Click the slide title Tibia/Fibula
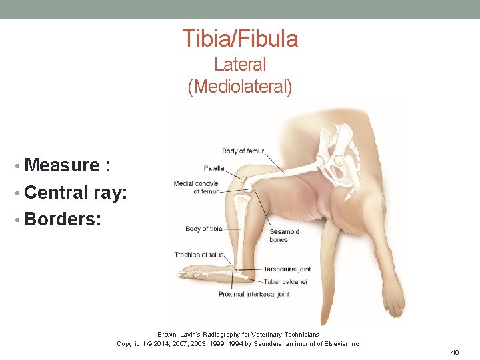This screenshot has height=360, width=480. click(x=240, y=39)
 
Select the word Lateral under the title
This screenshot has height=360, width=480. click(x=240, y=65)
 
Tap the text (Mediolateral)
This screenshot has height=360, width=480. click(x=240, y=87)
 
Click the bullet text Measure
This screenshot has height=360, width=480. click(x=67, y=165)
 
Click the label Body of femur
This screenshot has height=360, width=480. click(x=243, y=151)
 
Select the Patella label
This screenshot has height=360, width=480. click(x=214, y=168)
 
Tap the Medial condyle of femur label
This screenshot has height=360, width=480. click(x=196, y=187)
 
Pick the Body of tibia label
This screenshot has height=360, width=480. click(x=203, y=229)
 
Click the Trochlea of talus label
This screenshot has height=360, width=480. click(x=199, y=255)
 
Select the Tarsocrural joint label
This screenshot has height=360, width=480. click(x=287, y=269)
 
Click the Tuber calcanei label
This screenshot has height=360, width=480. click(x=285, y=281)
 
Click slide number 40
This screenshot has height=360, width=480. click(x=455, y=352)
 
